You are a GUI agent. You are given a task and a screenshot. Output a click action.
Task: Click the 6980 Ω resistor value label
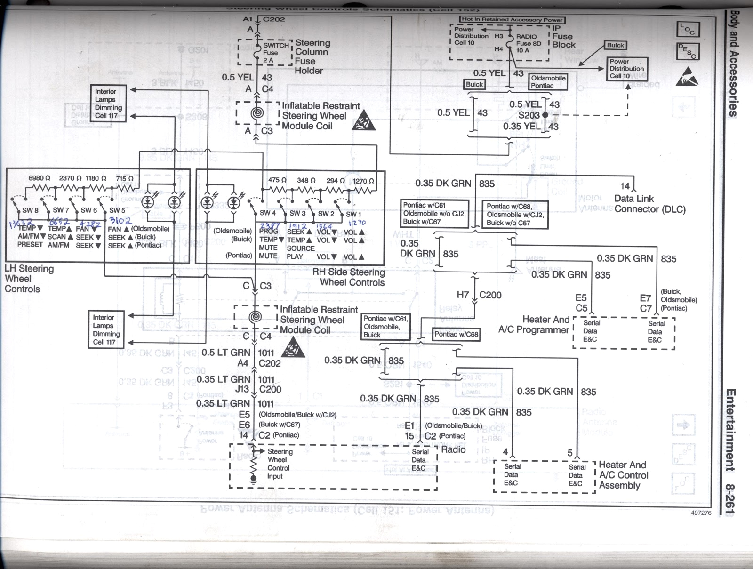(40, 178)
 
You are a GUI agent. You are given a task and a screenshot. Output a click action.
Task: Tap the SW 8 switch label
(31, 210)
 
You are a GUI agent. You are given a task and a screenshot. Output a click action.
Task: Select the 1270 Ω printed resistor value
(363, 181)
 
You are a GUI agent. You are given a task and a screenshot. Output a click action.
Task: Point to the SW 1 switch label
(353, 214)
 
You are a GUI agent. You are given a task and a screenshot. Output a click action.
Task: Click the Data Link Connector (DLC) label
(649, 204)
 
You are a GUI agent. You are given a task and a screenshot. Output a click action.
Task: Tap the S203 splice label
(529, 115)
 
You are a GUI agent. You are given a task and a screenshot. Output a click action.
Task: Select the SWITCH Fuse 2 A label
(275, 53)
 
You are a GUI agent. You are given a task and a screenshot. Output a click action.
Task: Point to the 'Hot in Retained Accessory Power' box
(512, 20)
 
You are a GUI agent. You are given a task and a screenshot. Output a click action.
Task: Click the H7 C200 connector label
(479, 295)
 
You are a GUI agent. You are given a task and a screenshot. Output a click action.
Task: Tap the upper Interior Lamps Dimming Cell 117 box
(109, 104)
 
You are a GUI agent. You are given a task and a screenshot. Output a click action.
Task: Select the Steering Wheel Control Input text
(279, 464)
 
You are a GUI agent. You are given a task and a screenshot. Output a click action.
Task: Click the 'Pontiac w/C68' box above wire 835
(456, 334)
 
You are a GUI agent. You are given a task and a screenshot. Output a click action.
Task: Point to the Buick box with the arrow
(615, 45)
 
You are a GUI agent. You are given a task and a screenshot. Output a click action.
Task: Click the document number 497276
(701, 513)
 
